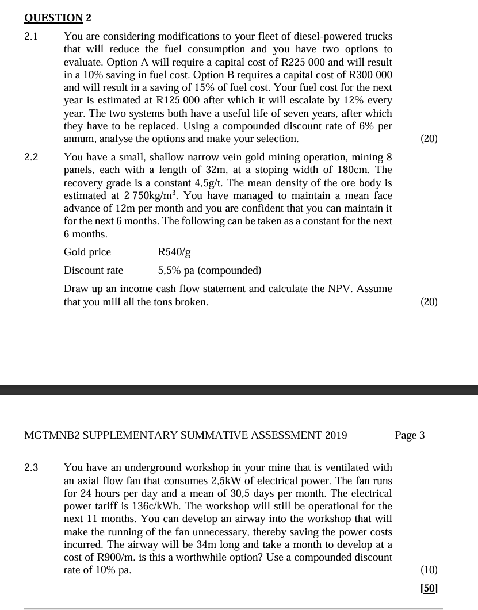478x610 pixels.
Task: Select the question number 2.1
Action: click(x=31, y=37)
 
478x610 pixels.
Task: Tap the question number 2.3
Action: click(x=31, y=468)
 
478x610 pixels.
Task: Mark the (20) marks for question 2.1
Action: click(x=429, y=139)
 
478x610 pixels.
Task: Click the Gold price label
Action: click(x=87, y=252)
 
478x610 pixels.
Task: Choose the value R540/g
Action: click(x=174, y=252)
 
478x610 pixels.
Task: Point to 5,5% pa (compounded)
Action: click(x=209, y=270)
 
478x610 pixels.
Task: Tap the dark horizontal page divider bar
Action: click(x=239, y=390)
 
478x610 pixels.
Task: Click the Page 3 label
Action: click(x=410, y=435)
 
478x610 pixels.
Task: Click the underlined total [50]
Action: click(x=429, y=588)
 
